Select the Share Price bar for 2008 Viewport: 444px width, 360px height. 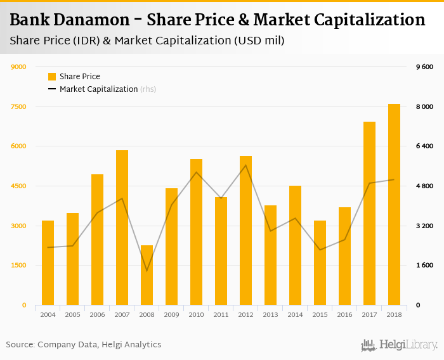point(147,275)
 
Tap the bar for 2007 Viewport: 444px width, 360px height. point(122,228)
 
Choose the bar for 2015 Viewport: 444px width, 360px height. point(320,262)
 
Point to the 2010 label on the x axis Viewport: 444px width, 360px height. point(196,314)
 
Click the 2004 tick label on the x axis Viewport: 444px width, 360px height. point(48,314)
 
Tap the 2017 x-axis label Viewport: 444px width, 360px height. point(369,314)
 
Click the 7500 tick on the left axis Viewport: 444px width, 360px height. point(18,106)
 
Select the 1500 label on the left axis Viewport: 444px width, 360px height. point(18,266)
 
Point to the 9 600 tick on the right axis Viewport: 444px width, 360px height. point(424,67)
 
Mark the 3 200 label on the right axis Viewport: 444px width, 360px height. point(424,226)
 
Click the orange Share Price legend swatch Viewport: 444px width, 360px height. point(52,77)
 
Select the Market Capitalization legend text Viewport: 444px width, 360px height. point(98,89)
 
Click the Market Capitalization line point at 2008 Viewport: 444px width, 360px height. point(147,271)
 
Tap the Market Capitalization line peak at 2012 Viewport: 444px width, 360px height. point(245,165)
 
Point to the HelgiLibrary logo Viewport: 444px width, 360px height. point(399,345)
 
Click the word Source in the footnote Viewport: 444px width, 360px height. point(20,345)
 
